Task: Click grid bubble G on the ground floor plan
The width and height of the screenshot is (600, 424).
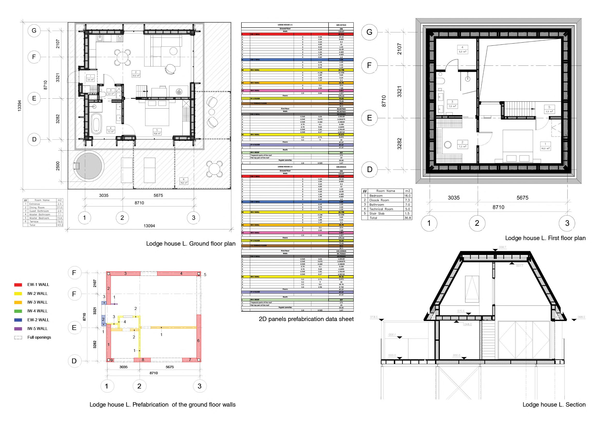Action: click(x=34, y=30)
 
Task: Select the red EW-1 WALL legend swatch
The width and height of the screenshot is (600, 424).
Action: click(x=18, y=285)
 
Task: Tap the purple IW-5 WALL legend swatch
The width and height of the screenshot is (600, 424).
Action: click(x=18, y=329)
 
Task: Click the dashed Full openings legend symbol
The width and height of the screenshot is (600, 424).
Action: click(x=18, y=338)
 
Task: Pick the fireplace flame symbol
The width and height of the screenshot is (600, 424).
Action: click(x=179, y=92)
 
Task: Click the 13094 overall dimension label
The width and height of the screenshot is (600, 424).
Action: click(x=149, y=226)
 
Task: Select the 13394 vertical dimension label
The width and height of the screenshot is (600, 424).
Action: click(x=19, y=106)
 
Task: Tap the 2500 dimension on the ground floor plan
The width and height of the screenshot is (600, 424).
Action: click(x=58, y=166)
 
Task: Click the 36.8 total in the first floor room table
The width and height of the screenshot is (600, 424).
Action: click(x=407, y=218)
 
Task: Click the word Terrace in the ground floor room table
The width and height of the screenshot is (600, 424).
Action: click(x=34, y=221)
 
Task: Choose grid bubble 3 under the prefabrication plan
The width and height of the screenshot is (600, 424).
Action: click(x=200, y=386)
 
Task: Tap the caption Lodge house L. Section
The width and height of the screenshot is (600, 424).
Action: click(x=554, y=404)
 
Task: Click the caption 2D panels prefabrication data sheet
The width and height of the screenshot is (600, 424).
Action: click(x=306, y=319)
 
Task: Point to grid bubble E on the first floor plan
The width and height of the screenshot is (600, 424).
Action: click(x=369, y=118)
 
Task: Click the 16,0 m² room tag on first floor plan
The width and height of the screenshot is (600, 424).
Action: click(x=545, y=146)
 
